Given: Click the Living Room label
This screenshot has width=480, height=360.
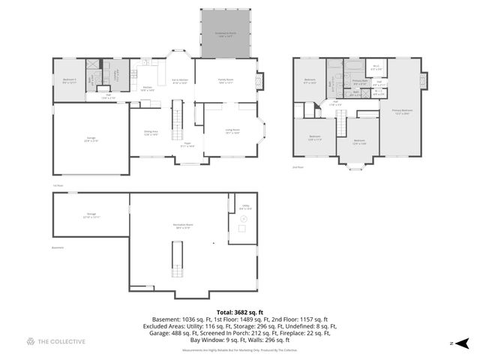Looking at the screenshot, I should click(x=232, y=131).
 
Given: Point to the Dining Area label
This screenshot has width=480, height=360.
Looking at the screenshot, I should click(x=151, y=133).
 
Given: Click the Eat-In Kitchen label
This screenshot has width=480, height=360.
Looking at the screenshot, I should click(x=179, y=82).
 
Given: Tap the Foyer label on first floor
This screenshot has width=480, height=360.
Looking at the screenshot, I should click(x=187, y=145).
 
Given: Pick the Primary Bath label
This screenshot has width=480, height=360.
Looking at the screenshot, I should click(x=360, y=82).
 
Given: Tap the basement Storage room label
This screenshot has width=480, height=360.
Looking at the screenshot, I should click(x=91, y=215).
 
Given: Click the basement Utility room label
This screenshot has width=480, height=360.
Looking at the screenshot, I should click(x=245, y=207).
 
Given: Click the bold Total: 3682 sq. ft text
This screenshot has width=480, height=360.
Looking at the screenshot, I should click(x=240, y=311).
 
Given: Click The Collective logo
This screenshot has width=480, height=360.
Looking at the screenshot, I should click(x=55, y=342).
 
